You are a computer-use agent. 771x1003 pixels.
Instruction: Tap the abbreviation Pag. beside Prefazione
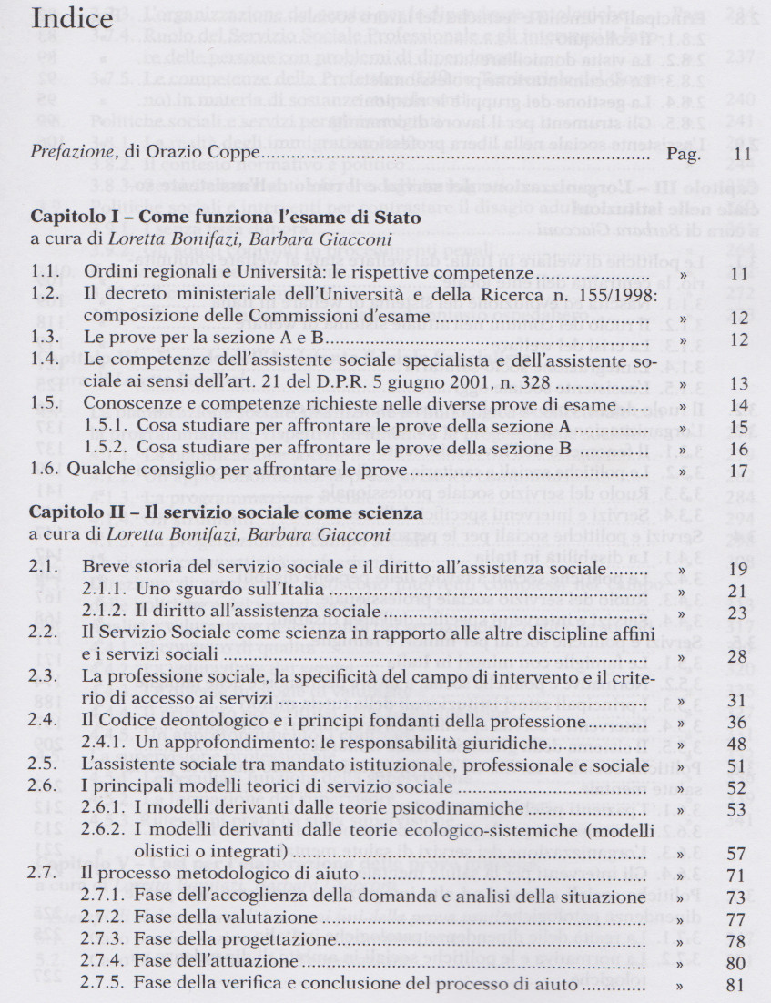pos(684,156)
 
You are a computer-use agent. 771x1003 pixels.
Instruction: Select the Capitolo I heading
pos(226,219)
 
